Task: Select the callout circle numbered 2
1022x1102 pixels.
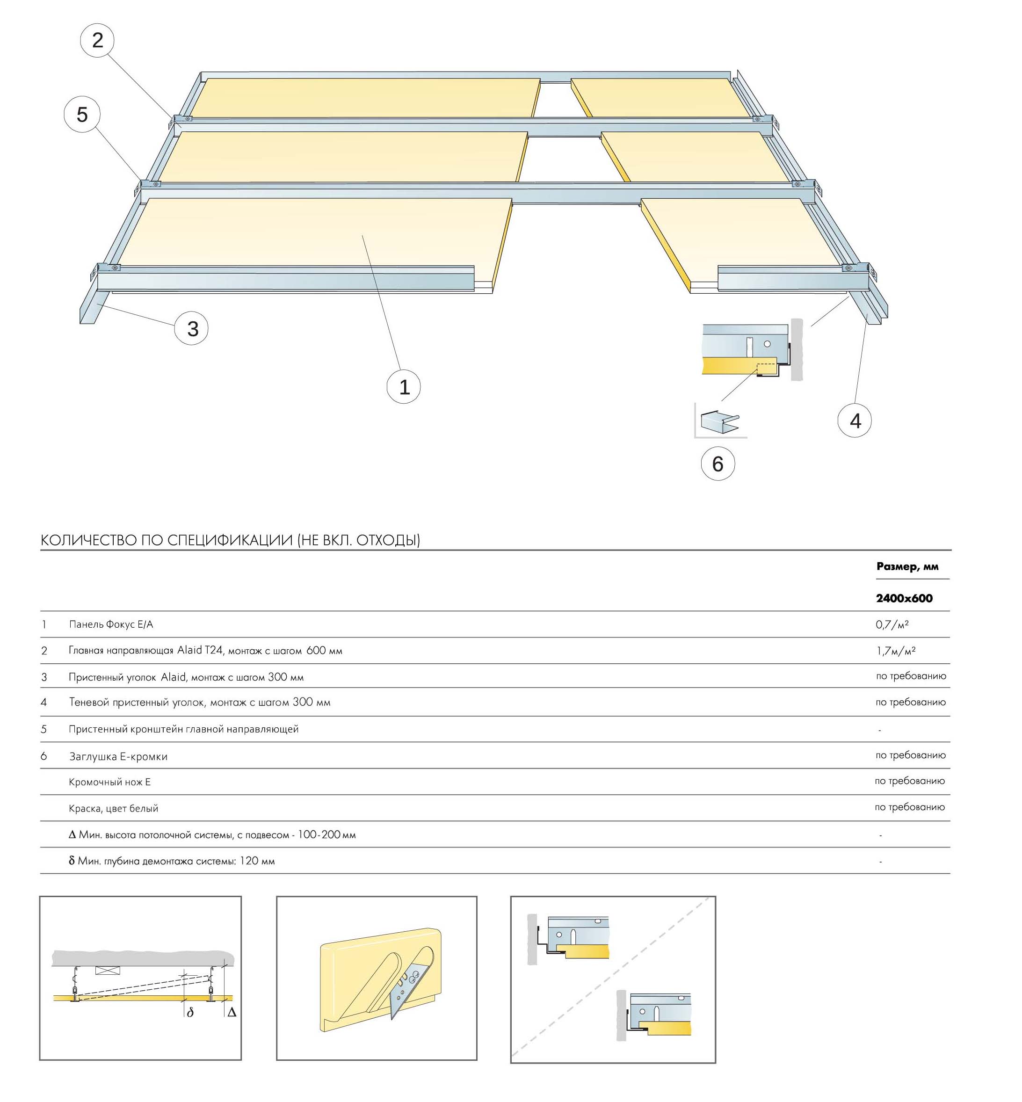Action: (97, 40)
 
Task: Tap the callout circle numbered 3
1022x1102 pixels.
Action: (191, 328)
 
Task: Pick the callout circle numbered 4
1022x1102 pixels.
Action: (855, 421)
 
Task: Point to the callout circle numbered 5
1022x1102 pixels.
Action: (82, 115)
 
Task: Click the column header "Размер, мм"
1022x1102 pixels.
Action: (907, 566)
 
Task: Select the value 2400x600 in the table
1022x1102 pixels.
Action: (904, 598)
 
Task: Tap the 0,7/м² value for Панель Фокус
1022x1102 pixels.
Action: (892, 624)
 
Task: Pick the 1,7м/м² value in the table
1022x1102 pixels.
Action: (895, 651)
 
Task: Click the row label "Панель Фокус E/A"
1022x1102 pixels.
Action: (110, 624)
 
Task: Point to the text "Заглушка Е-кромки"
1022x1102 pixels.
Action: (118, 756)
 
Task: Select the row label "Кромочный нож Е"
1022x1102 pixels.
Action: (109, 782)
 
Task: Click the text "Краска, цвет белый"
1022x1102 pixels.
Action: (113, 808)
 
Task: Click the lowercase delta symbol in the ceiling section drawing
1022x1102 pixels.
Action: (190, 1012)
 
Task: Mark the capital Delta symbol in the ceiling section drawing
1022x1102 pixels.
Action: (232, 1012)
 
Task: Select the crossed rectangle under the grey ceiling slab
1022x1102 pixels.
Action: (106, 970)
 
